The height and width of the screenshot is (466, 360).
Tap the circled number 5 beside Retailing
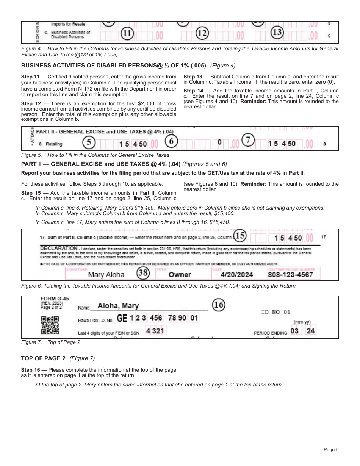89,142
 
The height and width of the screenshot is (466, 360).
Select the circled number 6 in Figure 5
171,141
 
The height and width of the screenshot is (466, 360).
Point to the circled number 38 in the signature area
142,273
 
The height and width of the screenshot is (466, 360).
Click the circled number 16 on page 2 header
219,305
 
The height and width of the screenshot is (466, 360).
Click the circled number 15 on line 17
239,236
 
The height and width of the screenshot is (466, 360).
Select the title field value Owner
180,275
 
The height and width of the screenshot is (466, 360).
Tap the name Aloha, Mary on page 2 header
118,306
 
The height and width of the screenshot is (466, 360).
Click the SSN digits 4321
155,331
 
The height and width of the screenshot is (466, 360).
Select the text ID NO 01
275,312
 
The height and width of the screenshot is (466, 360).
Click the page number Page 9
331,450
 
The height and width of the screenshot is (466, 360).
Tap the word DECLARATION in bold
59,248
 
